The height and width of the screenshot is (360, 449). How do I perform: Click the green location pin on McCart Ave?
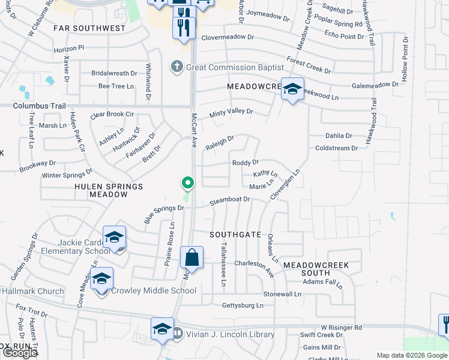pos(188,182)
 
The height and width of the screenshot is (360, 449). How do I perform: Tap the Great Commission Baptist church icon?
pos(176,67)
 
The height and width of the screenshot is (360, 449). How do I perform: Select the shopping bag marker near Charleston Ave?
pos(191,258)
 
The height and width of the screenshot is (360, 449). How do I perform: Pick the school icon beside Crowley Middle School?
pos(102,279)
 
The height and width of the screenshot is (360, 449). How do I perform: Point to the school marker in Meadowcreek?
pos(292,89)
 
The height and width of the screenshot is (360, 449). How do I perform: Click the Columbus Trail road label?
pos(41,106)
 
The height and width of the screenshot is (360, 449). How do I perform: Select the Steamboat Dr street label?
pos(229,200)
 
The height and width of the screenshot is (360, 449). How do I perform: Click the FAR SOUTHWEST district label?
pos(89,28)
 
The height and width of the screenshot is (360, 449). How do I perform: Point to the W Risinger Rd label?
pos(341,328)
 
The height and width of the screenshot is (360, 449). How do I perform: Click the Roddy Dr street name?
pos(245,162)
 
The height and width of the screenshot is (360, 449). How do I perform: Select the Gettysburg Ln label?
pos(243,305)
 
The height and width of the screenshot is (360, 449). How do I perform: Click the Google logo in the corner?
pos(20,353)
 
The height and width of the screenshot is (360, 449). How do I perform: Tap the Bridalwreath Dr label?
pos(114,73)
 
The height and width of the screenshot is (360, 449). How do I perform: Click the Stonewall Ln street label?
pos(282,294)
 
